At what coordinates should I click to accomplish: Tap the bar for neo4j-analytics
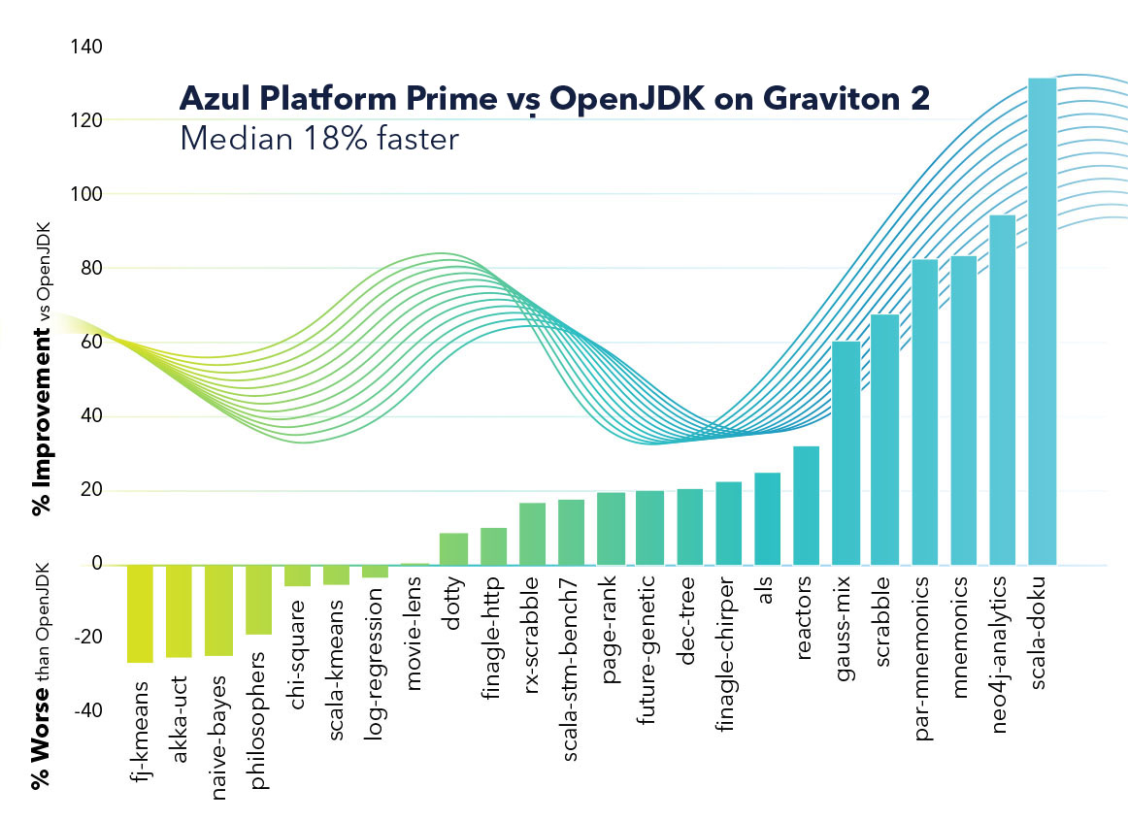pyautogui.click(x=1002, y=389)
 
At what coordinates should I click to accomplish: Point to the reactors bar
pyautogui.click(x=807, y=505)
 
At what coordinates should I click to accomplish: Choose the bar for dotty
pyautogui.click(x=453, y=548)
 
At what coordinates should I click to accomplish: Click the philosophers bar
pyautogui.click(x=257, y=599)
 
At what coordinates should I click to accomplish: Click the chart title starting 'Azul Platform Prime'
pyautogui.click(x=554, y=99)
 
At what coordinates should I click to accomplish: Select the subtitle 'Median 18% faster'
pyautogui.click(x=318, y=139)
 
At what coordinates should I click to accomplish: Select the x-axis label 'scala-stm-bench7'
pyautogui.click(x=572, y=650)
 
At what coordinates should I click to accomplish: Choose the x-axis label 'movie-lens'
pyautogui.click(x=415, y=636)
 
